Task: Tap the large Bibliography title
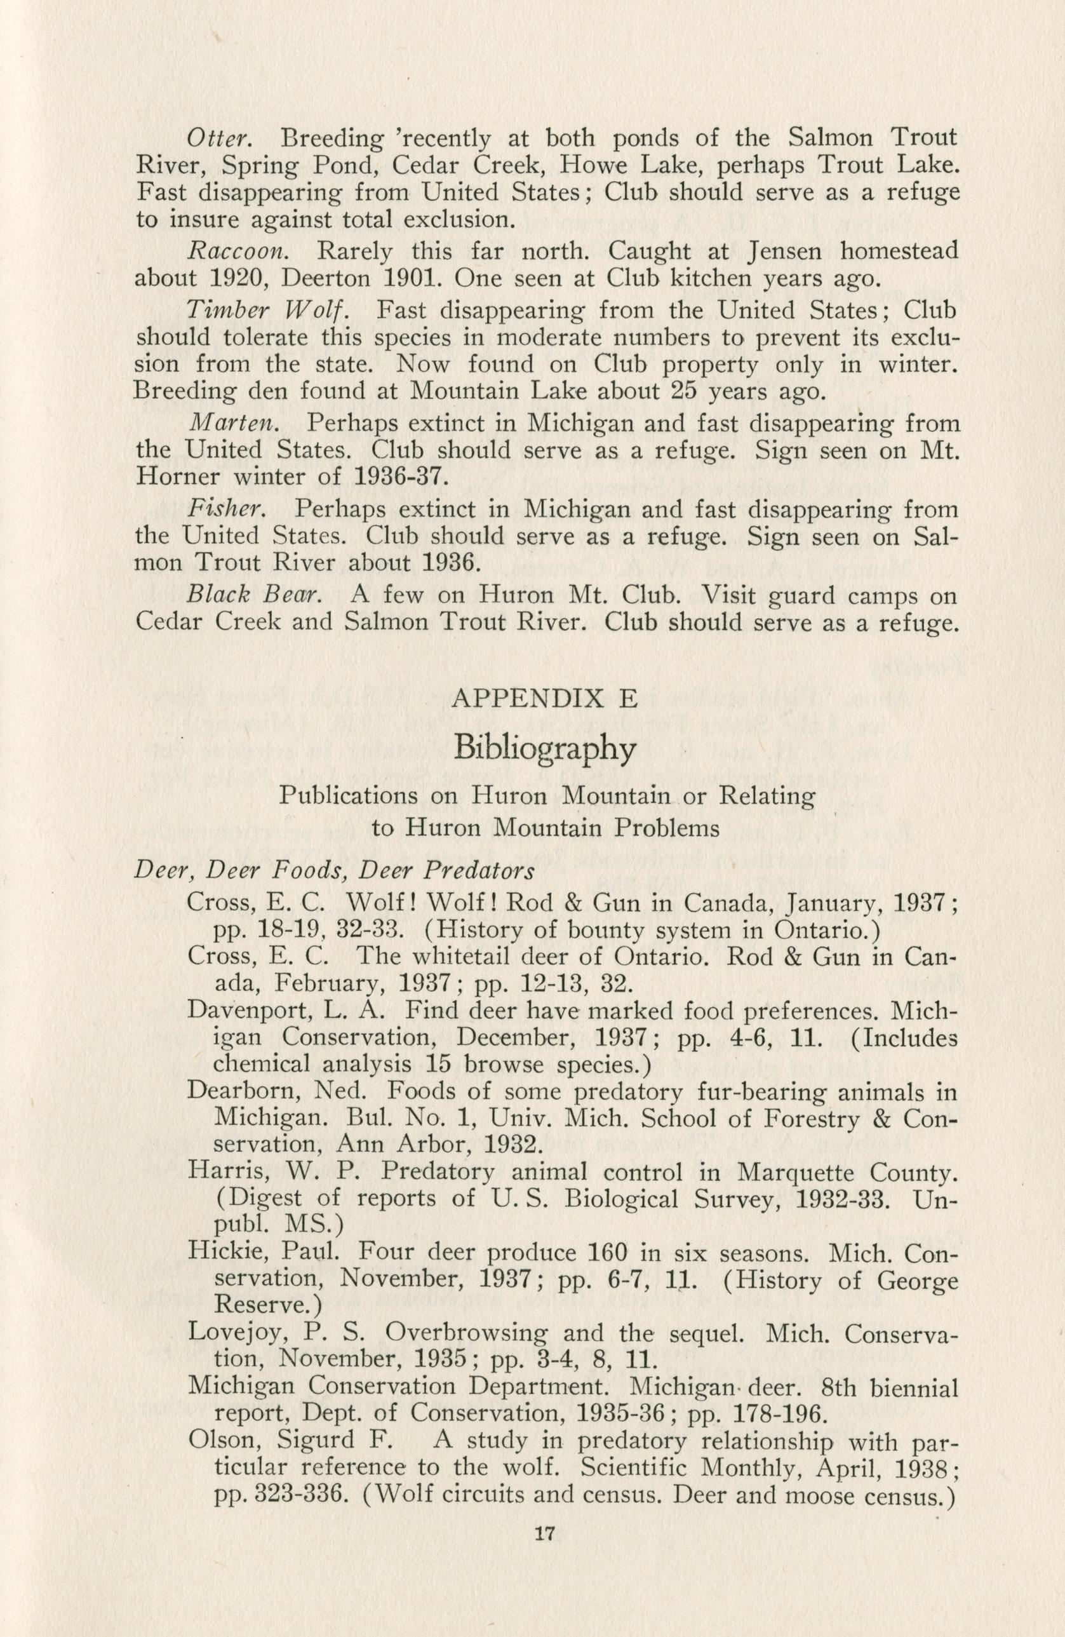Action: [x=544, y=749]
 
